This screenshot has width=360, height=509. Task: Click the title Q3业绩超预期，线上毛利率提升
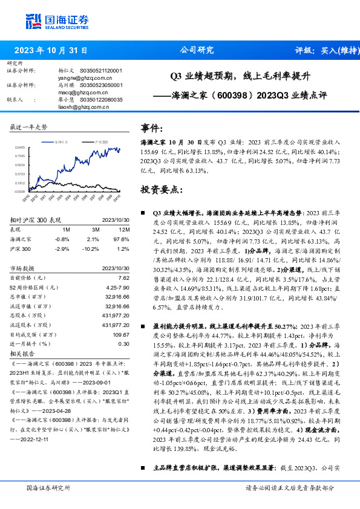pyautogui.click(x=240, y=77)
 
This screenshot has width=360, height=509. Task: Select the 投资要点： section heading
pyautogui.click(x=162, y=189)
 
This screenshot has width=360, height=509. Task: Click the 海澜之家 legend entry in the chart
pyautogui.click(x=60, y=141)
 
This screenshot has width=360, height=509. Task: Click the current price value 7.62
pyautogui.click(x=123, y=277)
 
